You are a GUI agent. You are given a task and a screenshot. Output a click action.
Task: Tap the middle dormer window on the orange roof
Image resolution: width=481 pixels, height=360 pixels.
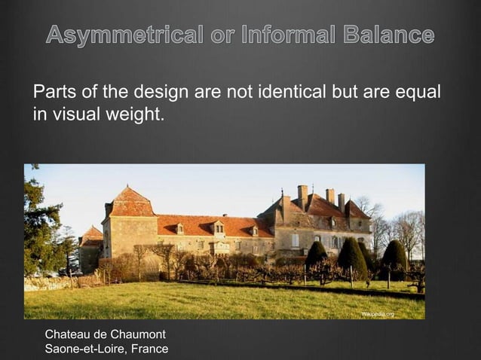point(218,227)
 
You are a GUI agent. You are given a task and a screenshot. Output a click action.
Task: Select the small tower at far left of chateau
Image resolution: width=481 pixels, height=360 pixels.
point(91,248)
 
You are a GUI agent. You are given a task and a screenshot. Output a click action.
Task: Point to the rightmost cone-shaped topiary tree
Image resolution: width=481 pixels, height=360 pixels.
point(394,257)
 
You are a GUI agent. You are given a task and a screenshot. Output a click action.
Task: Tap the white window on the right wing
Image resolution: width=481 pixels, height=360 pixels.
point(296,240)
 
